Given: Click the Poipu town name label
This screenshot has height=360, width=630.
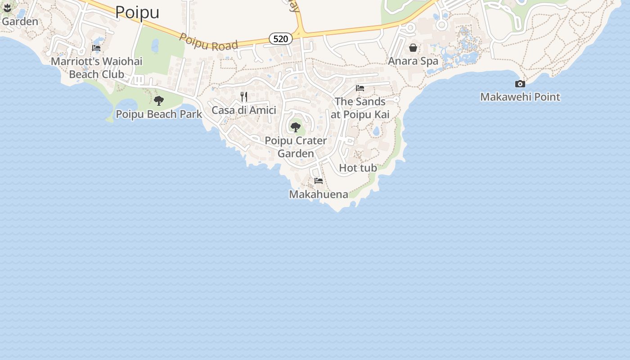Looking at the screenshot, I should pos(137,12).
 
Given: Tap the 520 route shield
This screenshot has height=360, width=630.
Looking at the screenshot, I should pos(280,39).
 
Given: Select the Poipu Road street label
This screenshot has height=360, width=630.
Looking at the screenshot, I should pos(208,41).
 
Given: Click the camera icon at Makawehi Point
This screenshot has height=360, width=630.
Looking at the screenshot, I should pos(520,84).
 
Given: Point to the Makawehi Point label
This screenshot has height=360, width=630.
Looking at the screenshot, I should pos(520,97).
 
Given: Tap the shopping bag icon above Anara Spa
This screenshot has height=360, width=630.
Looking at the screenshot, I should pos(413,48).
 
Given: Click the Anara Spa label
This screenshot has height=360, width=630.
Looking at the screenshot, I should pos(413,61).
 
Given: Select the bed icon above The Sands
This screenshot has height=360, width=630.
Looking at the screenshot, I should pos(360,88).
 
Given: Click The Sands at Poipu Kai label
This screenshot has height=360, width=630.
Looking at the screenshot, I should pos(360,108).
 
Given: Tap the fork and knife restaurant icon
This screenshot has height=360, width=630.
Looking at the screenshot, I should pos(244,97).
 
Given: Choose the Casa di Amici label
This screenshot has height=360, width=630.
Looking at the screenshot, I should pos(244,110).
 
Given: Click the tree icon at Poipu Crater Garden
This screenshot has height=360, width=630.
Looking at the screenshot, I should pos(296,127).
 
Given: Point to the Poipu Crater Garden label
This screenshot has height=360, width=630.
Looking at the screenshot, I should pos(296,147).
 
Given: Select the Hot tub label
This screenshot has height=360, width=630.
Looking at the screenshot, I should pos(358,168).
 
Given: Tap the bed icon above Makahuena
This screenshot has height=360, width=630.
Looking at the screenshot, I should pos(319,181).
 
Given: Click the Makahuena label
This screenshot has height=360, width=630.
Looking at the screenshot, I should pos(319,194).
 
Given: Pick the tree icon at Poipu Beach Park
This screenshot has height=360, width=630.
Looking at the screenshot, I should pos(159,101).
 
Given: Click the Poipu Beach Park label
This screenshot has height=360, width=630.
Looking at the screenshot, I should pos(159,114).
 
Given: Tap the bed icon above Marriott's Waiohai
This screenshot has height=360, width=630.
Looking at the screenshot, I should pos(96,48).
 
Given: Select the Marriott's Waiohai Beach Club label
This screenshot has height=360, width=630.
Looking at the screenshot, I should pos(96,67).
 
